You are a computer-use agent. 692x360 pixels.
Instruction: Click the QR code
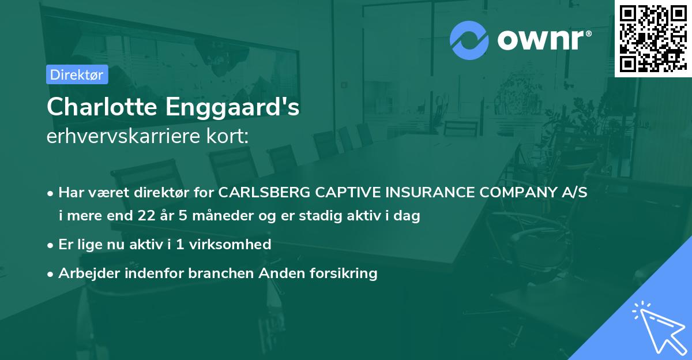pos(653,38)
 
